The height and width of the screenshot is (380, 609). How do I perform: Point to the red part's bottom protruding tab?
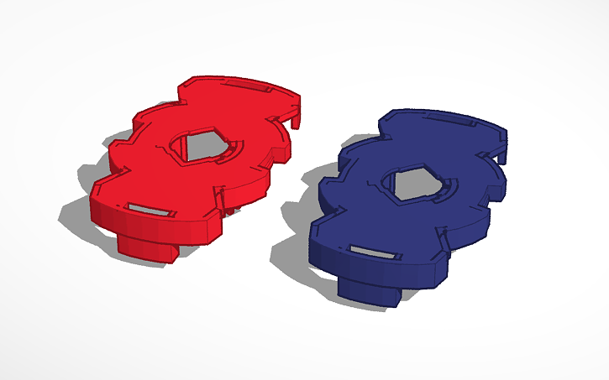point(146,247)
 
